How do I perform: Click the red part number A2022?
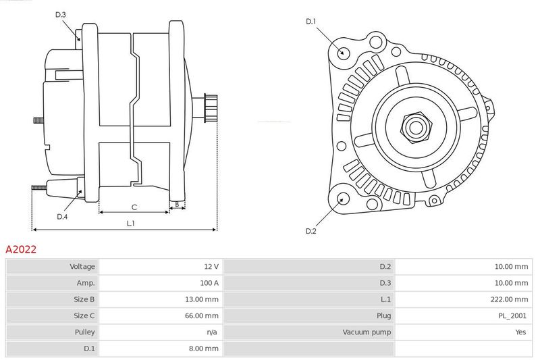(x=21, y=249)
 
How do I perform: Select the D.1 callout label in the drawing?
(x=310, y=22)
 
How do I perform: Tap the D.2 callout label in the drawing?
(x=310, y=231)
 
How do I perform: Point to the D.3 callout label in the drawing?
(x=61, y=14)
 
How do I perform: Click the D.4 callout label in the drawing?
(x=62, y=216)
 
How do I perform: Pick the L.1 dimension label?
(x=130, y=223)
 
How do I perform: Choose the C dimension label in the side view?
(x=134, y=207)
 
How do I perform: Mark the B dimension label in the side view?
(x=177, y=203)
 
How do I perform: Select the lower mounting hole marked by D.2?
(x=342, y=199)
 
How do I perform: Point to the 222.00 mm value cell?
(x=511, y=299)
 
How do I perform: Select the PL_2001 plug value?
(x=513, y=315)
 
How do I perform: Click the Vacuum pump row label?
(x=367, y=332)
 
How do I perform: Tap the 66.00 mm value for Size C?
(x=202, y=315)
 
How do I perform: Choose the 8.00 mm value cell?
(x=204, y=349)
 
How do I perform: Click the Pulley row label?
(x=84, y=332)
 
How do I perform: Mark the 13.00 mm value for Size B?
(x=202, y=299)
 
